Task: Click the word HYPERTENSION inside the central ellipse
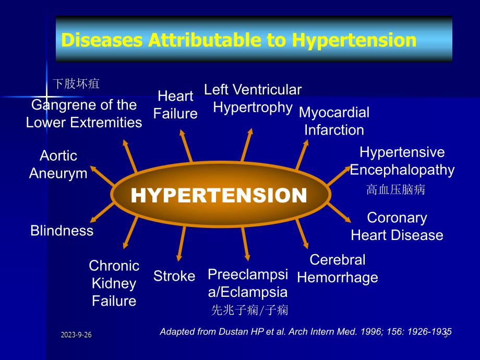(x=219, y=195)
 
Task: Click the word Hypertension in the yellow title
(x=354, y=40)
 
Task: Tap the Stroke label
(x=174, y=276)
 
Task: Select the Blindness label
(x=62, y=231)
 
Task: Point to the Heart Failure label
(x=175, y=105)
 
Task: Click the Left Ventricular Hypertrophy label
(x=253, y=99)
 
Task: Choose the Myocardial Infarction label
(x=334, y=121)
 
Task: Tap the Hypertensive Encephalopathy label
(x=402, y=161)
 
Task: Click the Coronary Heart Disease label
(x=397, y=226)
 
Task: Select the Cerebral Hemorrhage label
(x=338, y=269)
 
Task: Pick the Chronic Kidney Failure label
(x=114, y=283)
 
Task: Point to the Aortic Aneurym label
(x=58, y=165)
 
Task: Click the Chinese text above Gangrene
(x=76, y=83)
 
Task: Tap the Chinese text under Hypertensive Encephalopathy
(x=396, y=189)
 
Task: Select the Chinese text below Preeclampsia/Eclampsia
(x=249, y=310)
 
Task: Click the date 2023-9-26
(x=76, y=334)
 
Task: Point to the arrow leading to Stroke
(x=182, y=244)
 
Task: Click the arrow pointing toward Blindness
(x=102, y=212)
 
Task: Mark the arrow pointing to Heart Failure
(x=186, y=146)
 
